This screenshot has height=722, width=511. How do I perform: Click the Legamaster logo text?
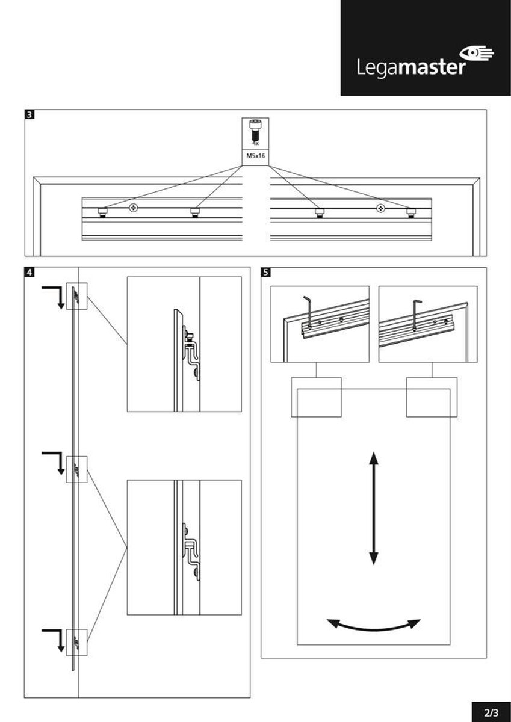click(x=409, y=66)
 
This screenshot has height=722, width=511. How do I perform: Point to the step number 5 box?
click(x=266, y=271)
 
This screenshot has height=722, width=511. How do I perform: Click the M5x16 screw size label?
click(x=255, y=155)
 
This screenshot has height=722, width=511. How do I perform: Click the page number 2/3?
click(x=491, y=712)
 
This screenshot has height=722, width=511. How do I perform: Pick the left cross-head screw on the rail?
click(x=132, y=208)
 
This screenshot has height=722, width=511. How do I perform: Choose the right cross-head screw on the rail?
click(x=380, y=208)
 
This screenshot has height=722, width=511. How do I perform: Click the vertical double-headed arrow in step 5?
click(x=374, y=508)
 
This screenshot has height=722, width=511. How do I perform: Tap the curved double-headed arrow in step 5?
click(x=373, y=625)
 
